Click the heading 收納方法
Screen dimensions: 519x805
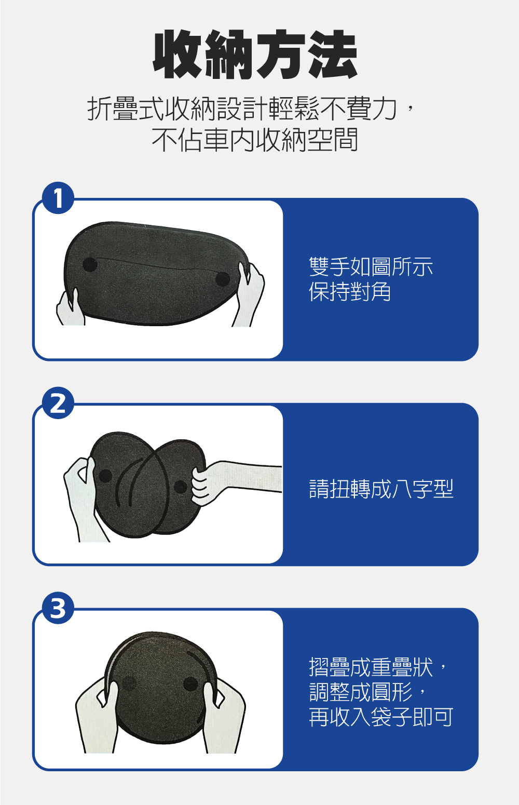255,54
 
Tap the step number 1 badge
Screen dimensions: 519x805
58,198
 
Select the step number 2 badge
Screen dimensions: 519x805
58,403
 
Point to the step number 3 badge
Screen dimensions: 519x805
58,608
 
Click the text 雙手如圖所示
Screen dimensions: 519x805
371,266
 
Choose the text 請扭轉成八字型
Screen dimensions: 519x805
381,489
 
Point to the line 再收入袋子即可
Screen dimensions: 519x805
381,717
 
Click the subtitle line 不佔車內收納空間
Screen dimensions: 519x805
255,140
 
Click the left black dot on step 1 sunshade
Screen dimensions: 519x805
90,264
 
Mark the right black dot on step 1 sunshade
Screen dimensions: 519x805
223,279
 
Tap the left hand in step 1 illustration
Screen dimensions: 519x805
70,308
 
